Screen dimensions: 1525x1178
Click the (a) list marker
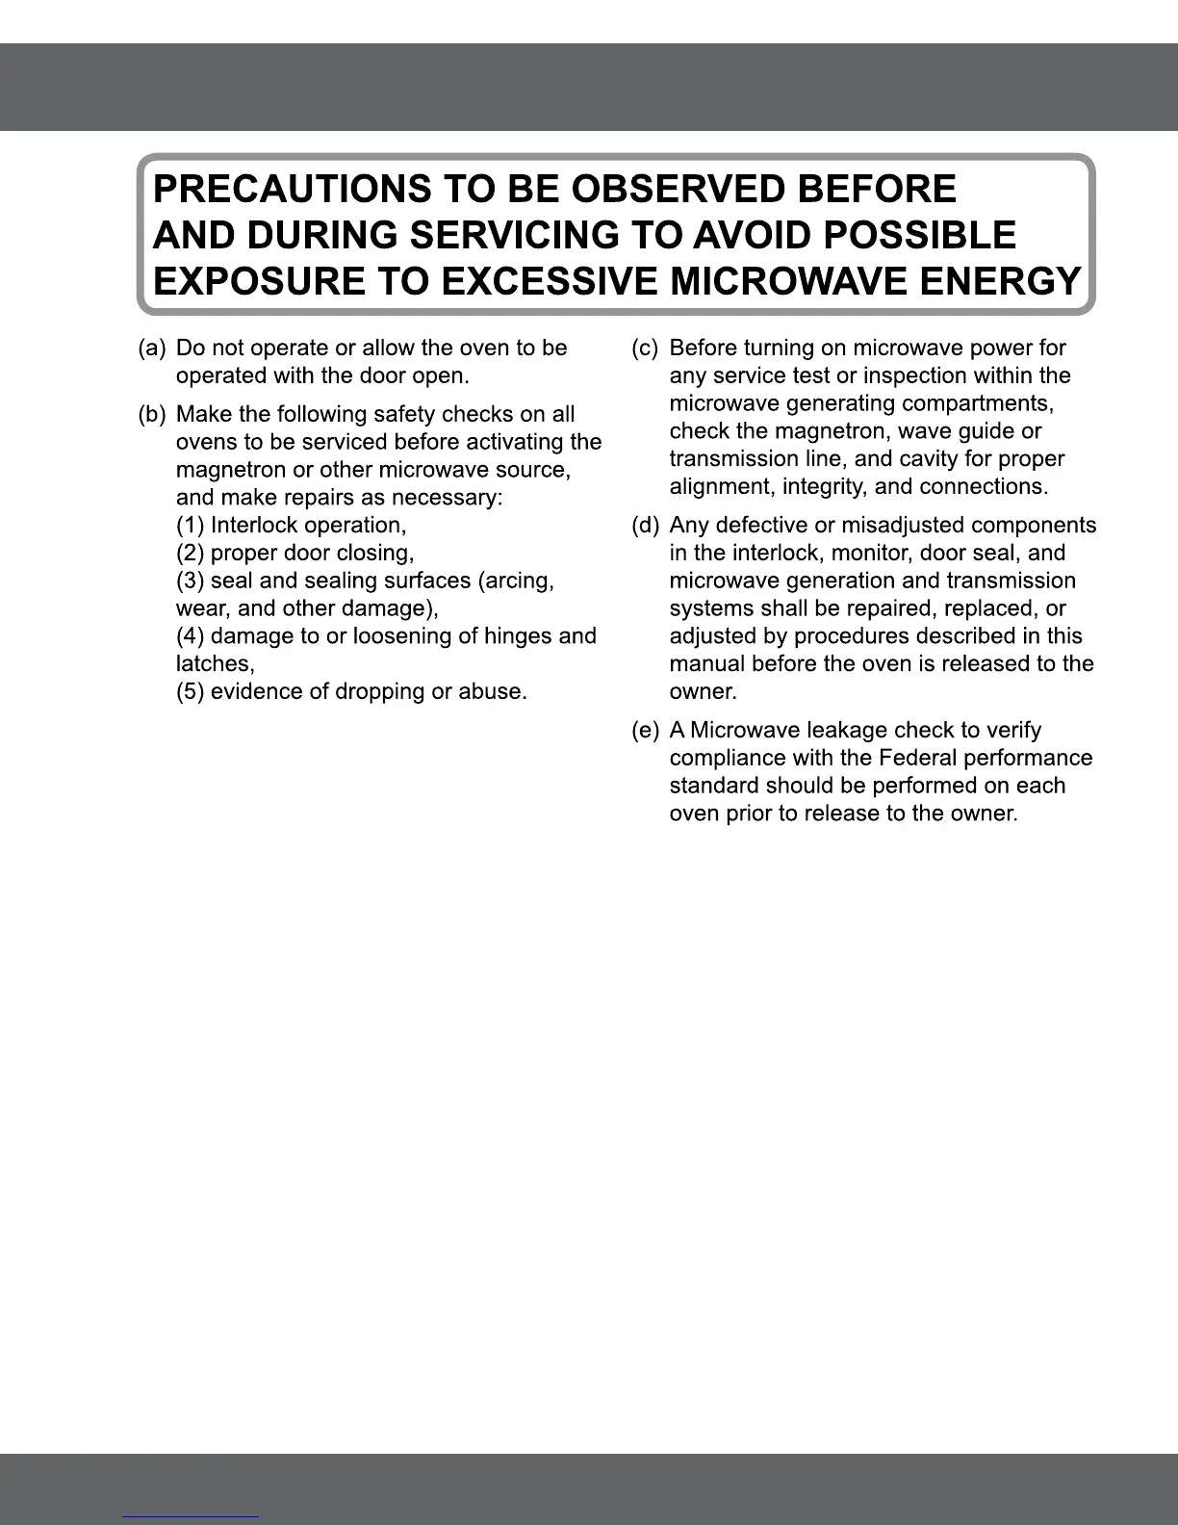point(152,348)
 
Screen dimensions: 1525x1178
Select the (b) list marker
point(152,414)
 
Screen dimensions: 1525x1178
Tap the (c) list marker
point(645,348)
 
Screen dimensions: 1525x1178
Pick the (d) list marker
point(645,525)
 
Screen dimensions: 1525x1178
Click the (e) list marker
point(645,730)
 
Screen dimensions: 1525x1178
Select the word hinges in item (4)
point(515,636)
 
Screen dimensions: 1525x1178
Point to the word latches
point(215,663)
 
